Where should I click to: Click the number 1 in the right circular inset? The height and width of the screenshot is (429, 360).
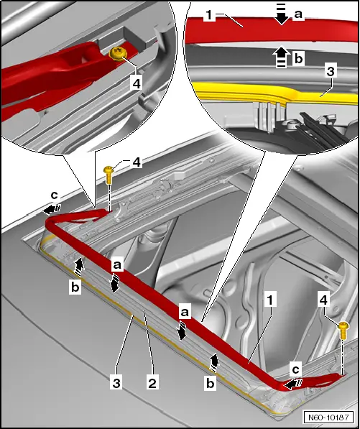pos(207,15)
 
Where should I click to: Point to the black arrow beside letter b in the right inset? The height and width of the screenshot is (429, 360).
pos(280,55)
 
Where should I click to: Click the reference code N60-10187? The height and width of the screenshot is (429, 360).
pos(330,418)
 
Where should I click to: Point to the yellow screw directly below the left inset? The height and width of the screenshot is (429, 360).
pos(109,172)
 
